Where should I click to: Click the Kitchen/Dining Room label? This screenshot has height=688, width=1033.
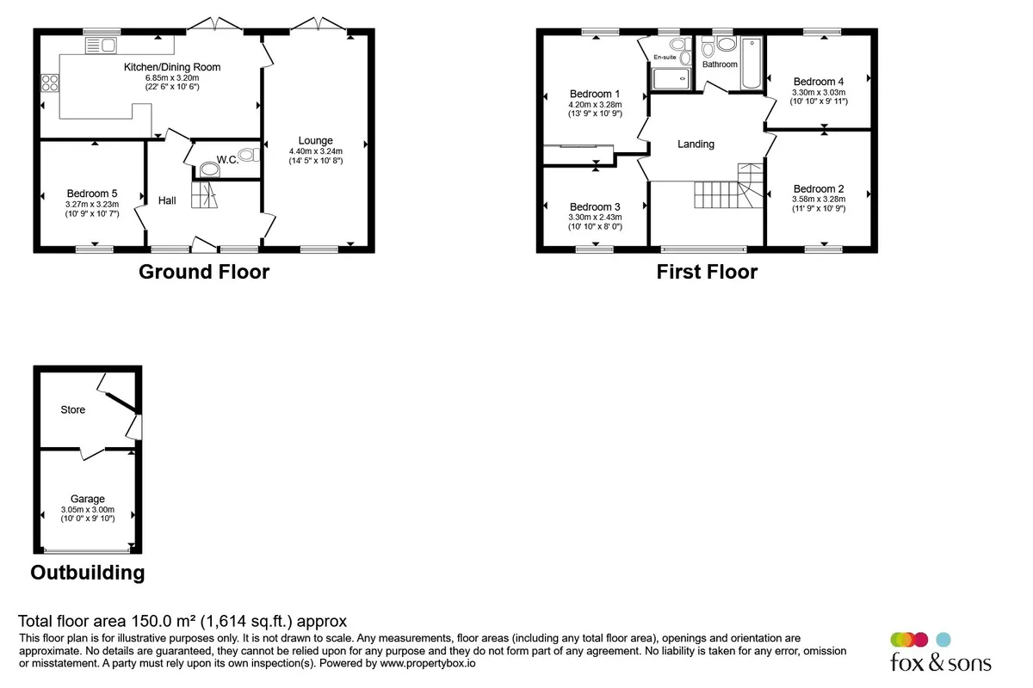coord(172,67)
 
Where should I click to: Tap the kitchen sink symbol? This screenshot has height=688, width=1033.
coord(101,46)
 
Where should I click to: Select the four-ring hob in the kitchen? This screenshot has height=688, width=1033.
coord(50,83)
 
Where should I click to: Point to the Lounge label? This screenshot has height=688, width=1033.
coord(315,140)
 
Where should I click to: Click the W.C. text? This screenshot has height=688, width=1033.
coord(227,160)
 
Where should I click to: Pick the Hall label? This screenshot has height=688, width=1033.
coord(167,200)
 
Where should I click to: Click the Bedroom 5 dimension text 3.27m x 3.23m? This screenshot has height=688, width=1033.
coord(92,204)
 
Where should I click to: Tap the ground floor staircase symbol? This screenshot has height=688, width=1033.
coord(204,195)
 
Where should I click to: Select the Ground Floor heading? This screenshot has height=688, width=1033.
coord(204,272)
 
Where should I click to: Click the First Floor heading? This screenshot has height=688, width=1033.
coord(707,272)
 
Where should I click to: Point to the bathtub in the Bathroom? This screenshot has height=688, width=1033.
coord(752,63)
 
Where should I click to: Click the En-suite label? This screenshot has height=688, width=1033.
coord(665,57)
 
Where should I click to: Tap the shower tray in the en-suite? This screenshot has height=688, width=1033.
coord(671,79)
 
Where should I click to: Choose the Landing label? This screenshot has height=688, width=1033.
coord(696,144)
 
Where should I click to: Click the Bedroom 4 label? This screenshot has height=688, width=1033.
coord(819,82)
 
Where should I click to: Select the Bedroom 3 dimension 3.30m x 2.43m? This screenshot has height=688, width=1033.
coord(595,217)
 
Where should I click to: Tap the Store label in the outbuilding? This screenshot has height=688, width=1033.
coord(73,409)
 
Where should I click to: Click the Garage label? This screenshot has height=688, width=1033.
coord(88,499)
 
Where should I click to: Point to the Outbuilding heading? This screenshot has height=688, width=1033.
coord(88,573)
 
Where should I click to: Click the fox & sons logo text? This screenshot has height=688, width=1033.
coord(941,662)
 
